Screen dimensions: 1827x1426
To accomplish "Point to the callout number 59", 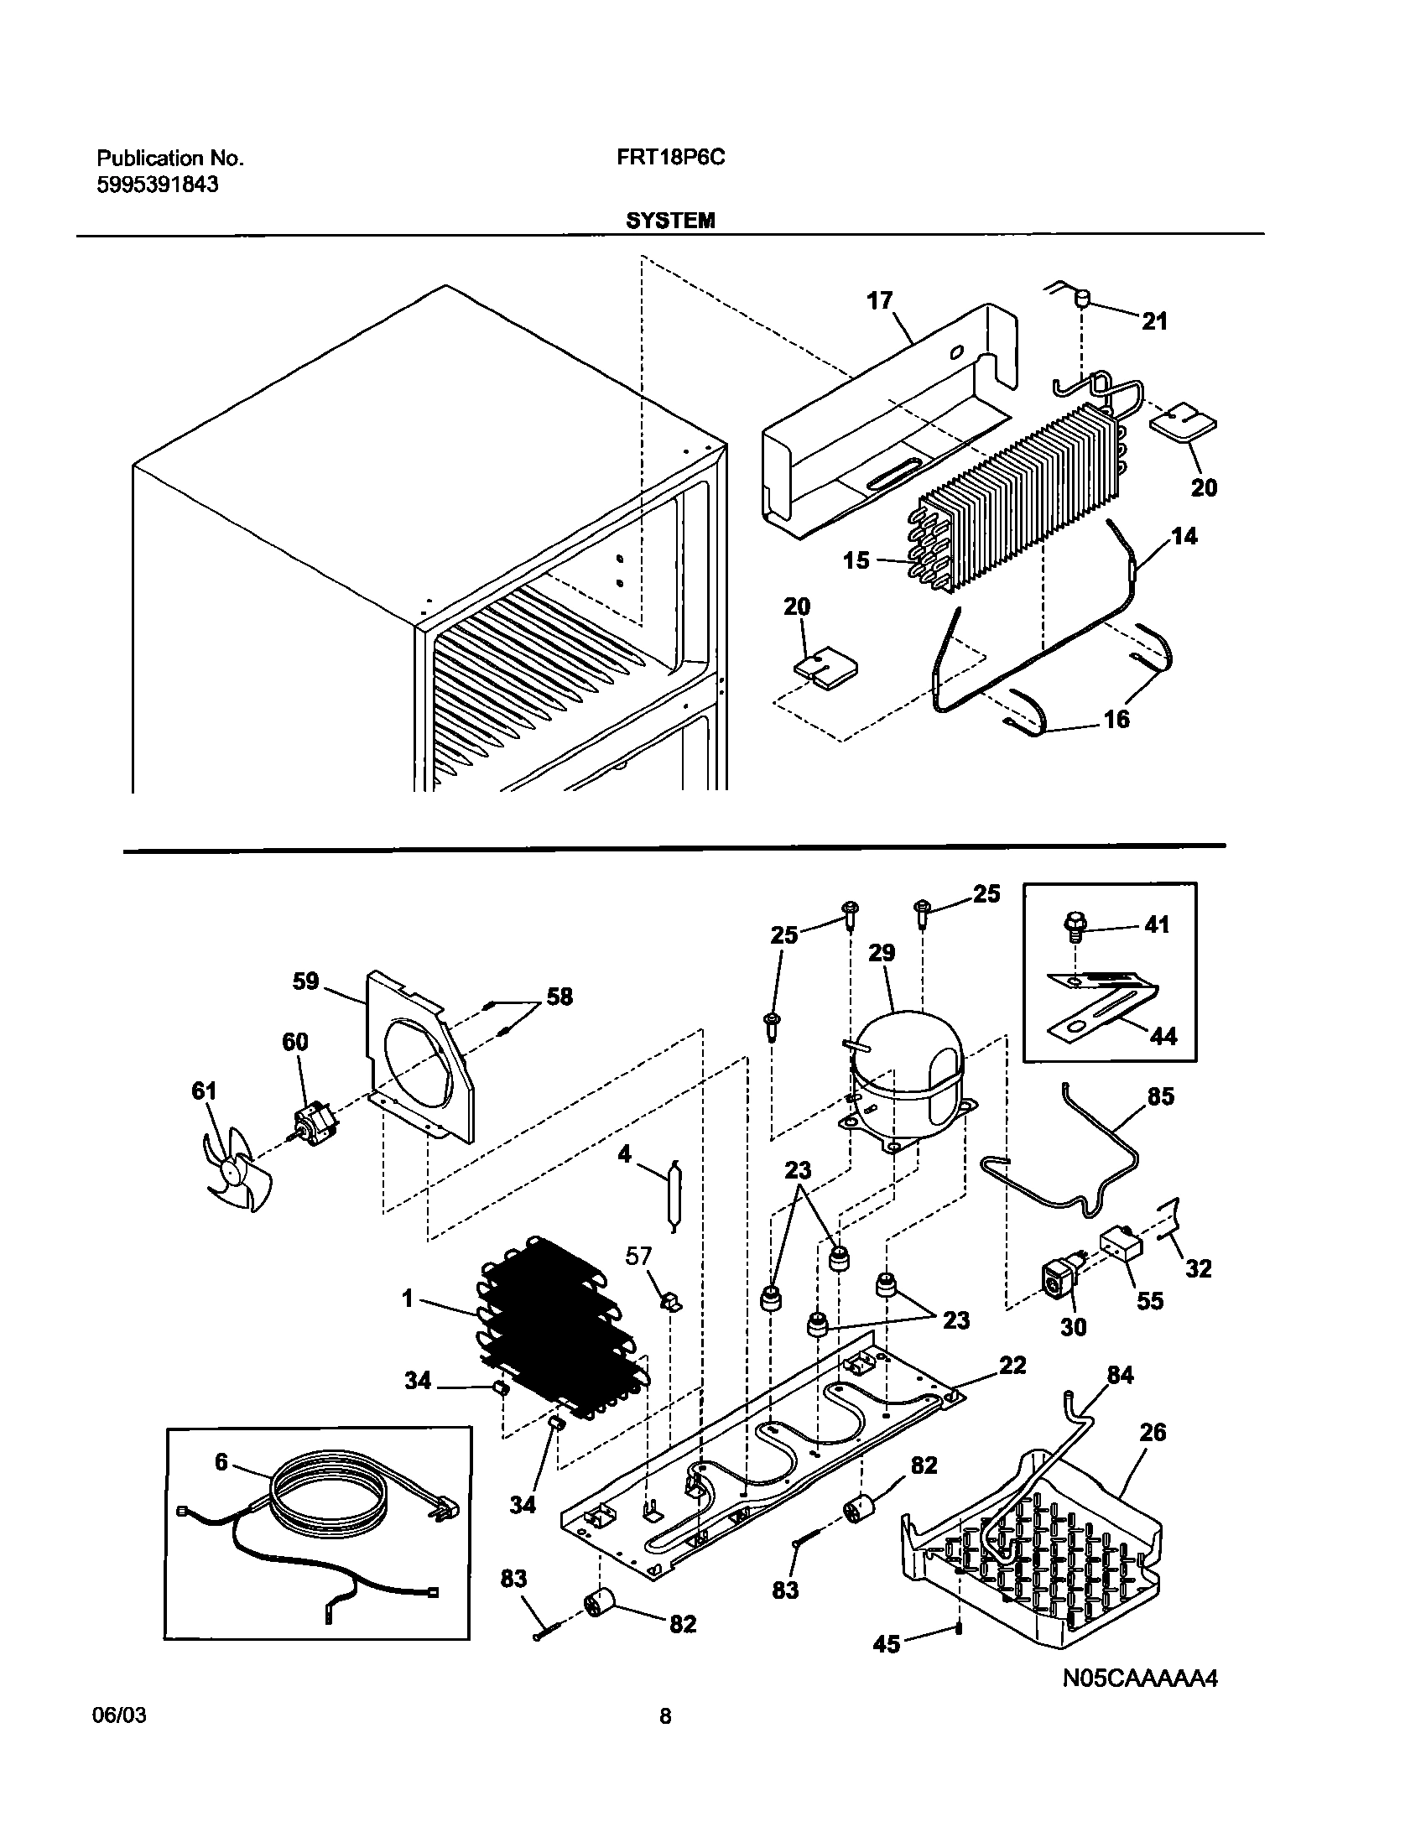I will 305,981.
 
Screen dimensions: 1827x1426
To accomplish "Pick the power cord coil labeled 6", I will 331,1510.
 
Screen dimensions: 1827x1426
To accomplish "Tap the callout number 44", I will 1163,1037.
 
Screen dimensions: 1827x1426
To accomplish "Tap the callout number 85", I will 1160,1096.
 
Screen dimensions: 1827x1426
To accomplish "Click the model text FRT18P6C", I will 664,158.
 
